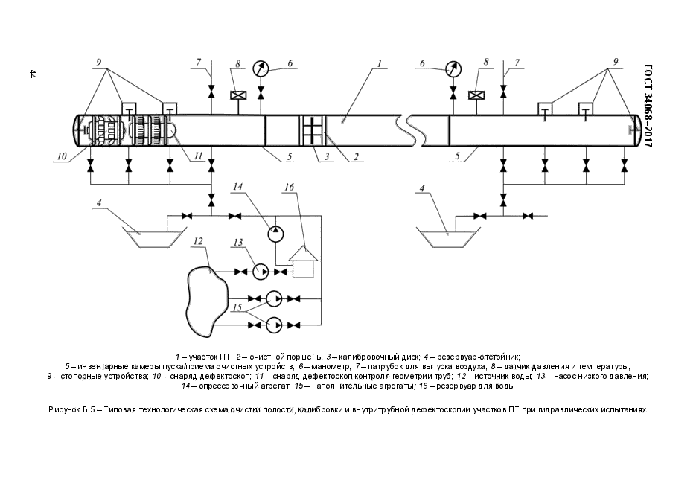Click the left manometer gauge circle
pyautogui.click(x=261, y=68)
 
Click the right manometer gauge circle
pyautogui.click(x=453, y=68)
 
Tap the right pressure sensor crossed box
pyautogui.click(x=476, y=95)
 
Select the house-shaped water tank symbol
pyautogui.click(x=303, y=262)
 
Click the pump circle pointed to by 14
pyautogui.click(x=276, y=234)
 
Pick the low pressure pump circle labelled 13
pyautogui.click(x=261, y=272)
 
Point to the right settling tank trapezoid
pyautogui.click(x=448, y=235)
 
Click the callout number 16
pyautogui.click(x=289, y=188)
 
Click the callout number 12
pyautogui.click(x=198, y=241)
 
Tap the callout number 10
pyautogui.click(x=61, y=156)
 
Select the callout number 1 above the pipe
pyautogui.click(x=379, y=63)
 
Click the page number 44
pyautogui.click(x=32, y=74)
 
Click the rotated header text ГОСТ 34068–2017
pyautogui.click(x=648, y=106)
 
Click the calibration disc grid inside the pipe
pyautogui.click(x=313, y=130)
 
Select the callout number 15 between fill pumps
pyautogui.click(x=237, y=307)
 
